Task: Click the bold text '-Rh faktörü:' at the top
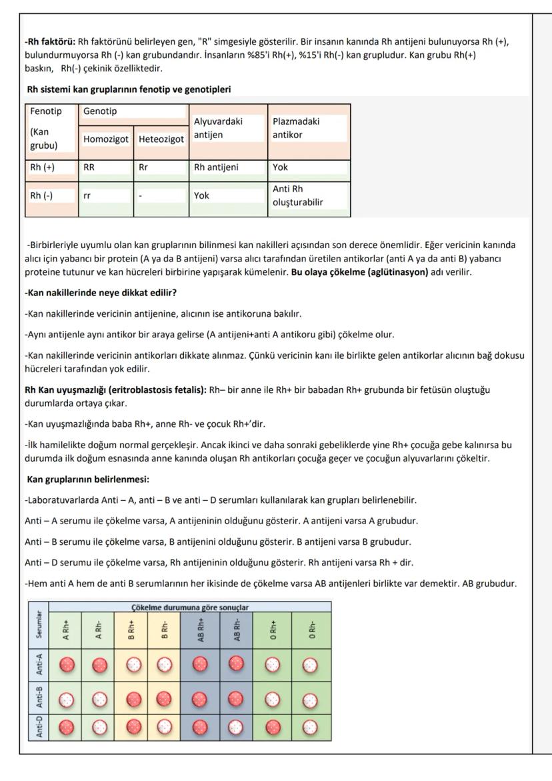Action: tap(49, 42)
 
